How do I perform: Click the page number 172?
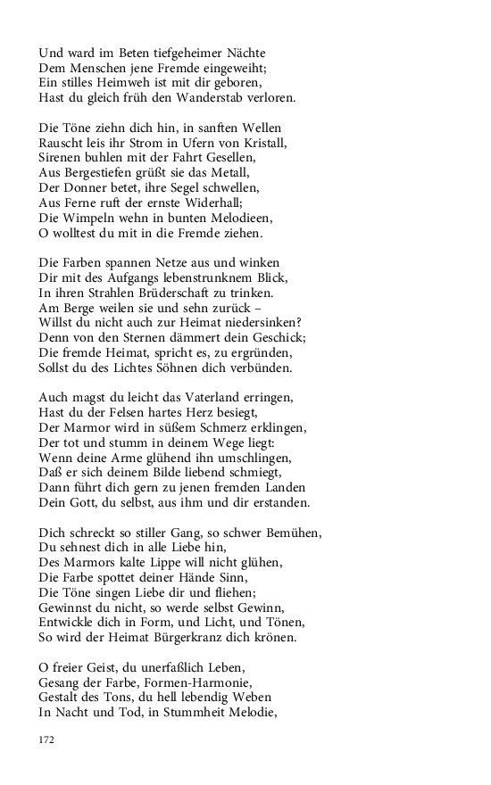47,740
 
